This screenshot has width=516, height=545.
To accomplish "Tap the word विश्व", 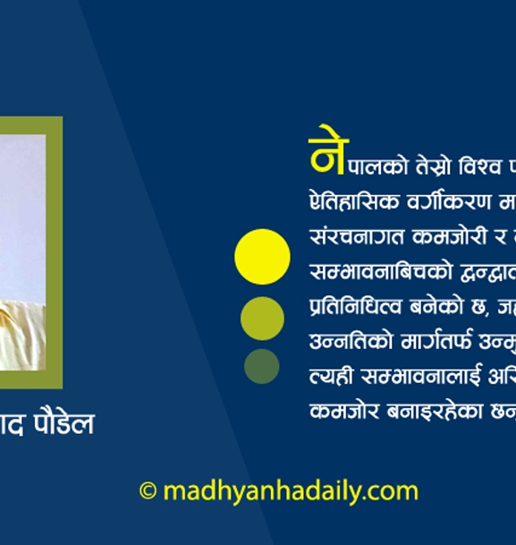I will tap(479, 166).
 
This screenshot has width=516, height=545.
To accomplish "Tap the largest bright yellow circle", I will tap(262, 257).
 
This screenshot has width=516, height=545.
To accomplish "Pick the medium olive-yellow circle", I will tap(262, 318).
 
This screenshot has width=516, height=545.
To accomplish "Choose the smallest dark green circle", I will tap(262, 366).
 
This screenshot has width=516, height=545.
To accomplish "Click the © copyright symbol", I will tap(148, 491).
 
